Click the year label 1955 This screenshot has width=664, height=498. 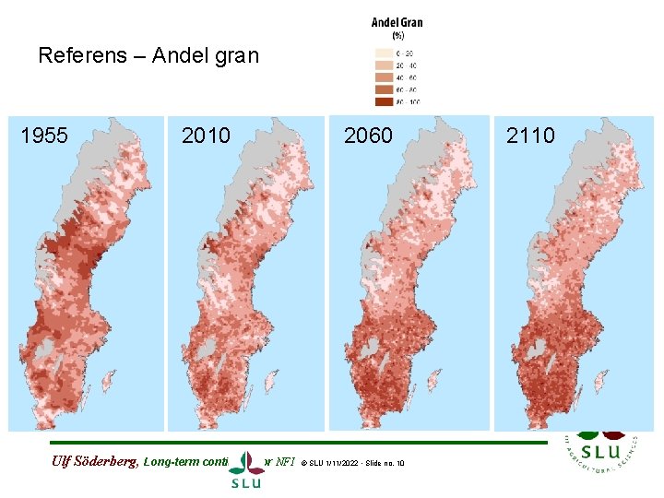[44, 136]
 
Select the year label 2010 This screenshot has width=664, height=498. [206, 136]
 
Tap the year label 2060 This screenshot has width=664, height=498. [368, 136]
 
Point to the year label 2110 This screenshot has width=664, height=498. [530, 136]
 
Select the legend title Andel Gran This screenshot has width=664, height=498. [397, 23]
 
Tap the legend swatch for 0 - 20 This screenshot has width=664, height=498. [384, 53]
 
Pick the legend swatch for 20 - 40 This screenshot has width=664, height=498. [384, 65]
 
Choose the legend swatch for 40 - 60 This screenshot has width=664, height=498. [384, 77]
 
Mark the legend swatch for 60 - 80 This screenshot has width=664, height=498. [384, 89]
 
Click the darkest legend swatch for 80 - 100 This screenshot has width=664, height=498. [384, 101]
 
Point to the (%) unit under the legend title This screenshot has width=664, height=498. [397, 35]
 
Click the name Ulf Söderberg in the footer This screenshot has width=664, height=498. [91, 462]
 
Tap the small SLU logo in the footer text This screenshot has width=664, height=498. [246, 468]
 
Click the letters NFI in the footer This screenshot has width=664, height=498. [282, 462]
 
